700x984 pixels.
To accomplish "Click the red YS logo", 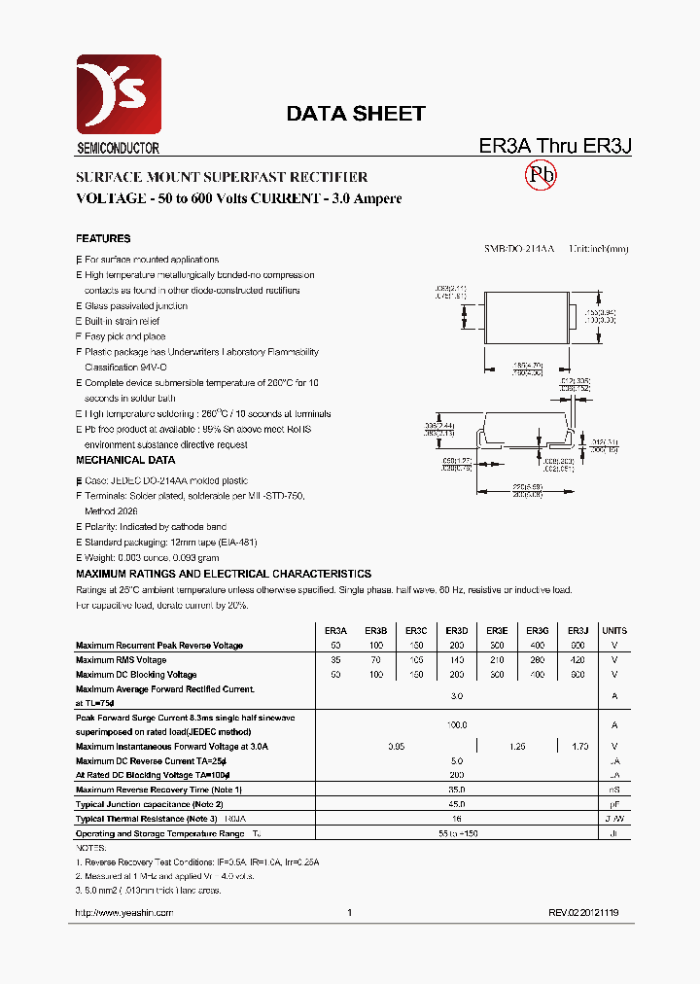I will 119,94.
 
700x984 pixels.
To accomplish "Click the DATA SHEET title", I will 355,114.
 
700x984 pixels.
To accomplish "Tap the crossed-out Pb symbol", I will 541,175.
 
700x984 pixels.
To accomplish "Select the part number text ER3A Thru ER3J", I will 555,146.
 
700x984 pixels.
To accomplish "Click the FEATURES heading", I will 103,238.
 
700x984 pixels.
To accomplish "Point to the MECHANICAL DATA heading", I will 125,460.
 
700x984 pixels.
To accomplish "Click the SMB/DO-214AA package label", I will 519,249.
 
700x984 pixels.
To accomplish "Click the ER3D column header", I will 457,631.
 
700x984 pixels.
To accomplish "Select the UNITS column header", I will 614,631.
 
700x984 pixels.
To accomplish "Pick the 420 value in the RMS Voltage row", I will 577,660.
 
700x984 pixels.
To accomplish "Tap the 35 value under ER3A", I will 335,660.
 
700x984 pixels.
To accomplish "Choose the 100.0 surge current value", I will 457,724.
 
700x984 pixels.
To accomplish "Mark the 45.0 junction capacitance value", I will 457,804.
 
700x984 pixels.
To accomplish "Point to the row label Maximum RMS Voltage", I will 122,660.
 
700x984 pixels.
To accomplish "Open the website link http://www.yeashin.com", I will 124,913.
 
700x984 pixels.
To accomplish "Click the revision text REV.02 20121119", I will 583,913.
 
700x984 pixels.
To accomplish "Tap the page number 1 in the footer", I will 349,913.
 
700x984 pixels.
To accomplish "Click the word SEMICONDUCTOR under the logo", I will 118,149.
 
